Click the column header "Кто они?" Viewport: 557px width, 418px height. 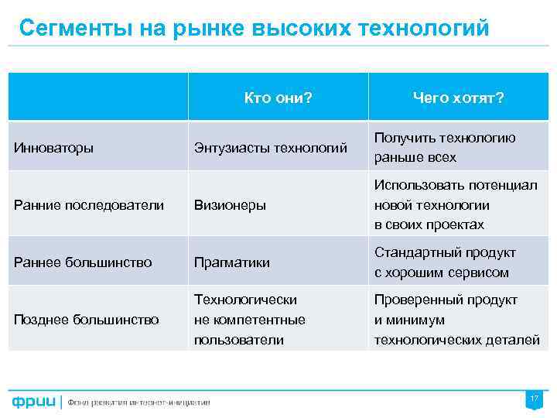278,98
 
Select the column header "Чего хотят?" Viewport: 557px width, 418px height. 458,98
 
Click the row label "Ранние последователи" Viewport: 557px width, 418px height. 89,205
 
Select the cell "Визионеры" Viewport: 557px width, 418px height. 230,205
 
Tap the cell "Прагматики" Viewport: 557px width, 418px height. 232,262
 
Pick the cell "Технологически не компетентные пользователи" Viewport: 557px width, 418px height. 250,320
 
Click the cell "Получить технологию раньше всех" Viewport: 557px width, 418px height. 445,147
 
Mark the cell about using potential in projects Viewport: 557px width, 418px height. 456,205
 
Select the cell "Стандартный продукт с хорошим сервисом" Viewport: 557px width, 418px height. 445,262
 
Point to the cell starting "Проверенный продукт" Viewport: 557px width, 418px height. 456,320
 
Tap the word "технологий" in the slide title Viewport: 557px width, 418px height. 425,29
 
